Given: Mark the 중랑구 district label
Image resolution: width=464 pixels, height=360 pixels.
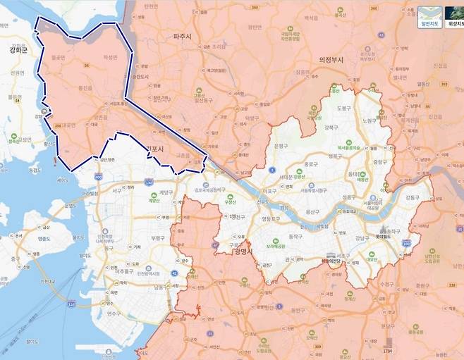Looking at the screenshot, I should click(x=381, y=161).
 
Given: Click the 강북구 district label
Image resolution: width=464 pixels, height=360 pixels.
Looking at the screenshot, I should click(x=329, y=128).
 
